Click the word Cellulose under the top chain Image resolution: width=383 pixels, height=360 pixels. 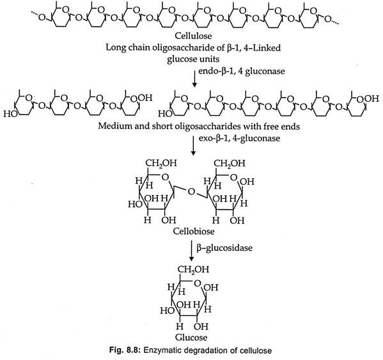[x=193, y=36]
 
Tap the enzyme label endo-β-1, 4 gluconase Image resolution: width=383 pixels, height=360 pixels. [x=241, y=71]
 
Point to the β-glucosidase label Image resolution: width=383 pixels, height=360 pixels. [x=224, y=248]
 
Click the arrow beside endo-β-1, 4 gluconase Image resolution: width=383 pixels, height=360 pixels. [x=194, y=79]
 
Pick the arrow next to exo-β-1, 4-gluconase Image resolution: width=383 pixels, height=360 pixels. [x=193, y=146]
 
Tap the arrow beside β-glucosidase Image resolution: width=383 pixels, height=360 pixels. [x=192, y=251]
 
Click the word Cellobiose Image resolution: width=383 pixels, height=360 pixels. [x=194, y=231]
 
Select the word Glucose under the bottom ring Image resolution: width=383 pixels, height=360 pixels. [x=191, y=338]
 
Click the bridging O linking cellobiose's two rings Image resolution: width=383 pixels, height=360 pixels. [x=192, y=192]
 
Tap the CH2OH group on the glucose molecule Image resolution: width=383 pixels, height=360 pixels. [x=193, y=269]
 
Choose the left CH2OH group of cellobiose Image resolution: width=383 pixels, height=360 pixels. [x=161, y=163]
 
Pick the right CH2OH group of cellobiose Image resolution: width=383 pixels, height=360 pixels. [x=230, y=163]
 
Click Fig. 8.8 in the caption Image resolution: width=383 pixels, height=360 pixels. [x=125, y=350]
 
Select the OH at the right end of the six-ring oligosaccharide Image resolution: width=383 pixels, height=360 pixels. [x=371, y=98]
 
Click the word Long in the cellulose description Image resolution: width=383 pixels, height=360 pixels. [x=114, y=47]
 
